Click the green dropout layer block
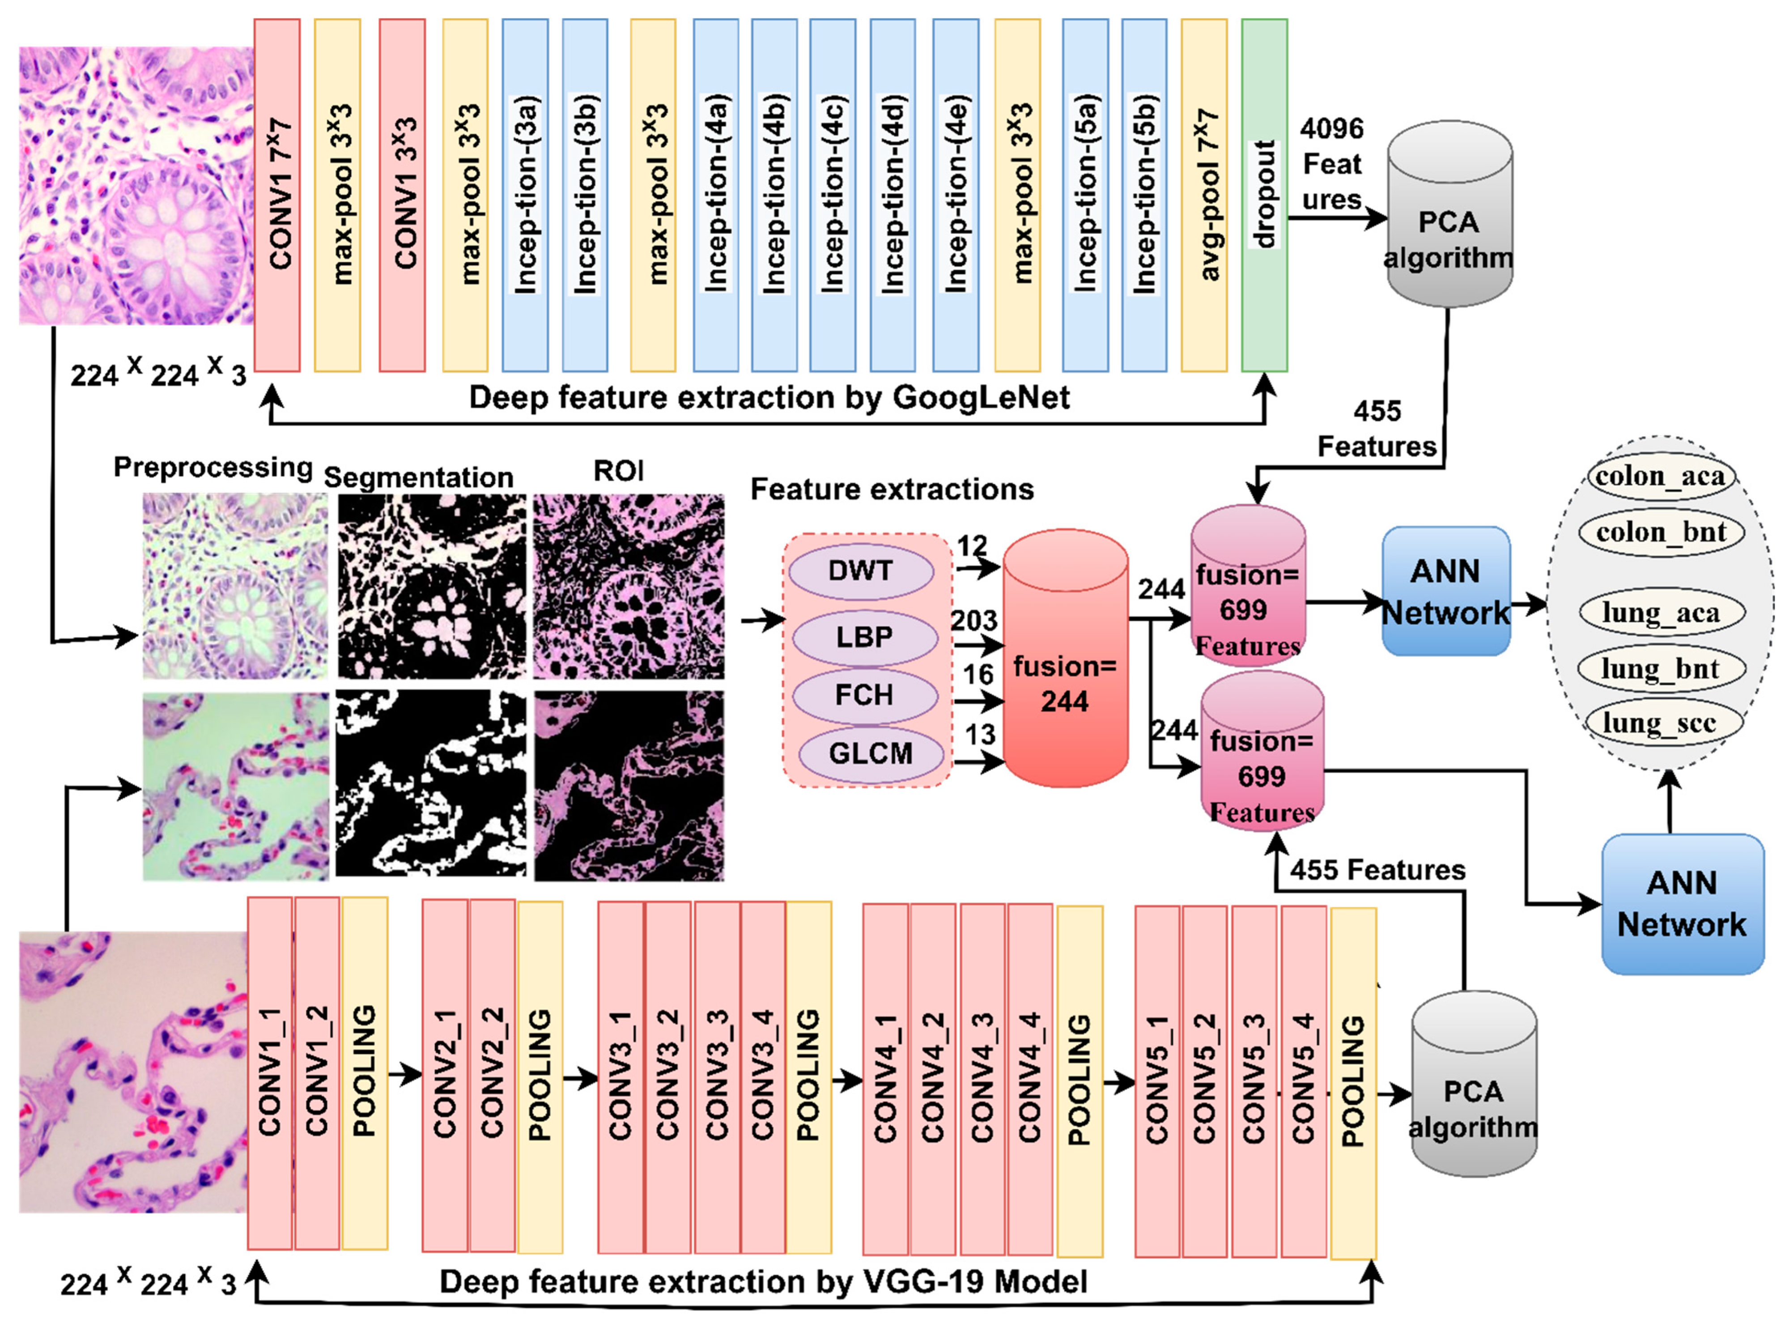tap(1264, 196)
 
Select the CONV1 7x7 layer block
tap(277, 196)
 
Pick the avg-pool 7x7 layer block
tap(1203, 196)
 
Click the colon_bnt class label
tap(1661, 532)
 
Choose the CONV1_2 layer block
tap(317, 1073)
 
